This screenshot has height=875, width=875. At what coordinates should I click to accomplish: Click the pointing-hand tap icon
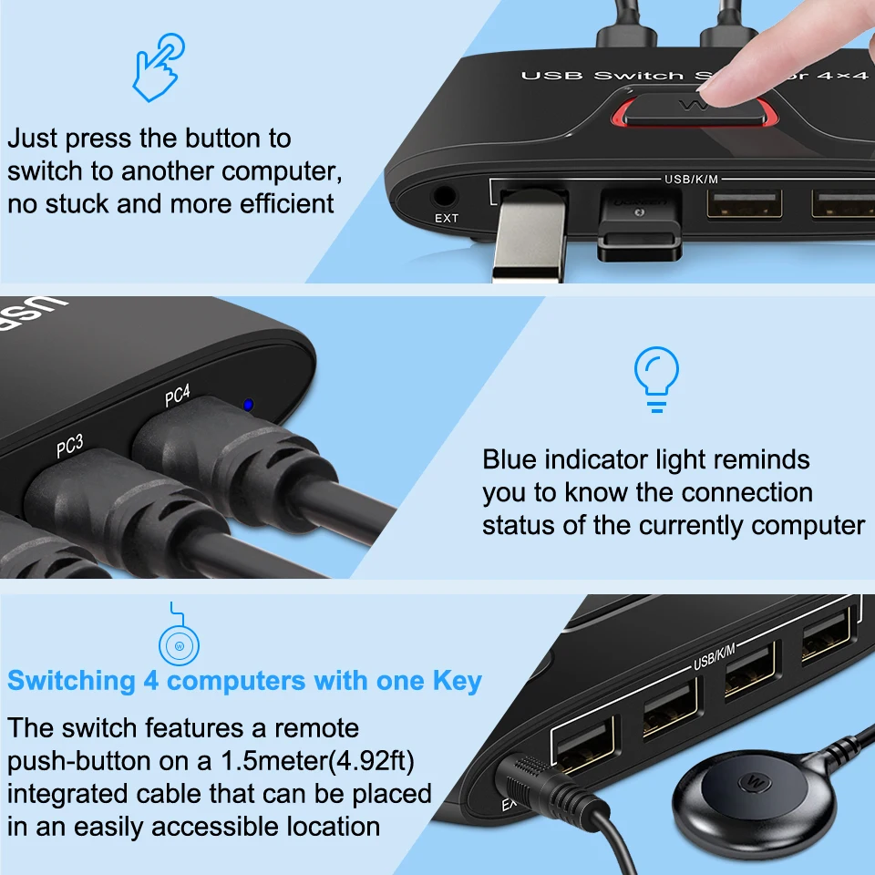(x=158, y=68)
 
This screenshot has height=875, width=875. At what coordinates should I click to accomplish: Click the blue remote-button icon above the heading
(x=180, y=646)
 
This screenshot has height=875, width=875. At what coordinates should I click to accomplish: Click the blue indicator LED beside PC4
(x=247, y=406)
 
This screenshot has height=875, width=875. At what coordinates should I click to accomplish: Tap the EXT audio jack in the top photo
(x=445, y=195)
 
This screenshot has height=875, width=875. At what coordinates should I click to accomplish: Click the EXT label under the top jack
(x=447, y=218)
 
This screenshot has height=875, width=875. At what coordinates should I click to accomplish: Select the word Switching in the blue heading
(x=70, y=680)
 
